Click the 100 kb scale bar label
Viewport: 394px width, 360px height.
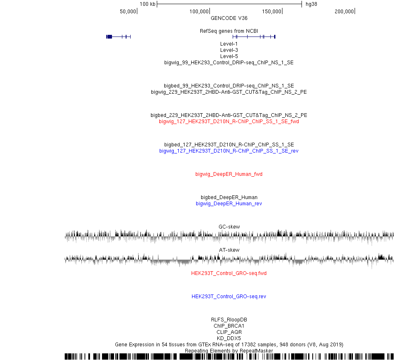click(x=148, y=4)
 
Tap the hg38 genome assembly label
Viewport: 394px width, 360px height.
click(x=311, y=4)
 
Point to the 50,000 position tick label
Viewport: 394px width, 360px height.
click(x=128, y=12)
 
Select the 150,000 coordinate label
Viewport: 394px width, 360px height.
click(x=272, y=12)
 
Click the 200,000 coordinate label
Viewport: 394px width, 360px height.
click(x=344, y=12)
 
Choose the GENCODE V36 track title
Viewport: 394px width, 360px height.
click(x=229, y=18)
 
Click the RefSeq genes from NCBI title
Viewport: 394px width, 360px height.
click(x=229, y=31)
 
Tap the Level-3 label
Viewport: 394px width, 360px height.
click(x=229, y=50)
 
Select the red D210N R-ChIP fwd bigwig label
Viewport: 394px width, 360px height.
click(x=229, y=122)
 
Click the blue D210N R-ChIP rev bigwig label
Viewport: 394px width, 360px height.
click(x=229, y=151)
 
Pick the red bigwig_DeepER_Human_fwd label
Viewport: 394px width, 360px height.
click(x=229, y=174)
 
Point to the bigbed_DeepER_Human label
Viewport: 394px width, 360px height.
click(x=229, y=197)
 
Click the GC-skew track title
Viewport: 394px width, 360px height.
click(x=229, y=226)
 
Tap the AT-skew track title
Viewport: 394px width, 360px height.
click(x=229, y=250)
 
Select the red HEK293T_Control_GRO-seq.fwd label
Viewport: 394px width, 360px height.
click(x=229, y=273)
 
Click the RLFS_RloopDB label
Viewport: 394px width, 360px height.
click(x=229, y=320)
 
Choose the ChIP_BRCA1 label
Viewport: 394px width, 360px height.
click(x=229, y=326)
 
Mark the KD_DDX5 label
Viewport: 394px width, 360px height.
click(x=229, y=338)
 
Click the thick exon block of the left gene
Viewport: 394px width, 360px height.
click(x=109, y=36)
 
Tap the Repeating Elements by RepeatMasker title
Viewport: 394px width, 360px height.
click(x=229, y=351)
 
